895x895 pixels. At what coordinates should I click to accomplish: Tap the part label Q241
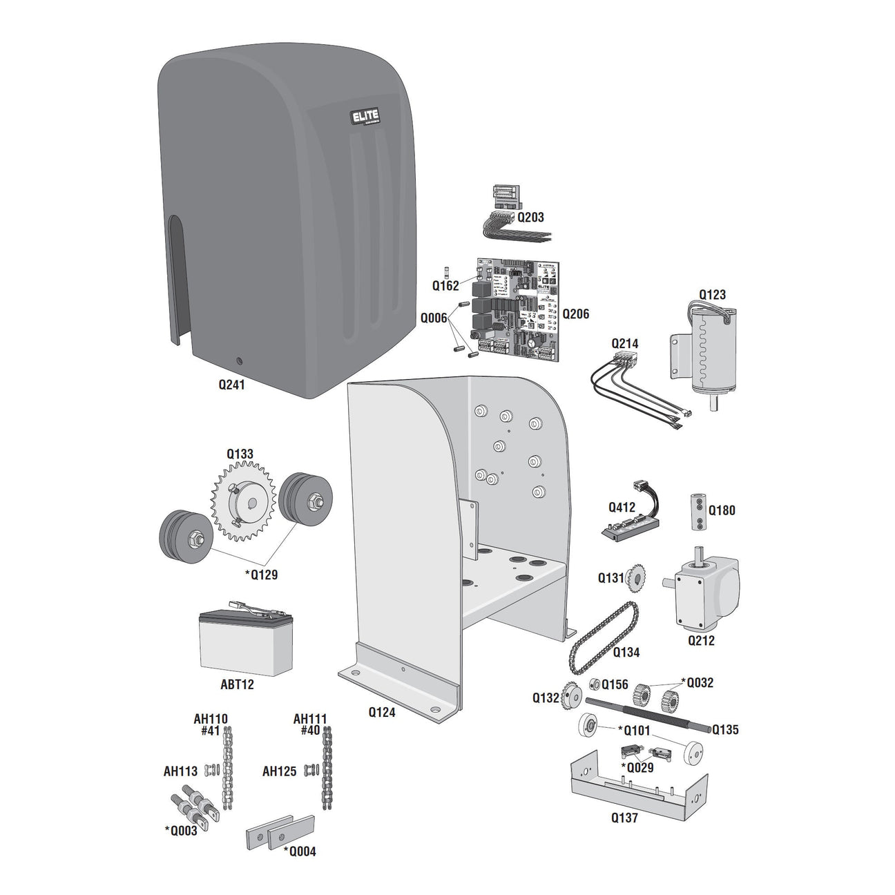tap(231, 385)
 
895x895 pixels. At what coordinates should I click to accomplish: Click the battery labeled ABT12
tap(245, 642)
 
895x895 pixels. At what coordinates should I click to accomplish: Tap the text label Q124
tap(381, 712)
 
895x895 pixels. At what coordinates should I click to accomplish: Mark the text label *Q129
tap(261, 575)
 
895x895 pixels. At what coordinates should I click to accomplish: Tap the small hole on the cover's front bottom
tap(239, 360)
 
